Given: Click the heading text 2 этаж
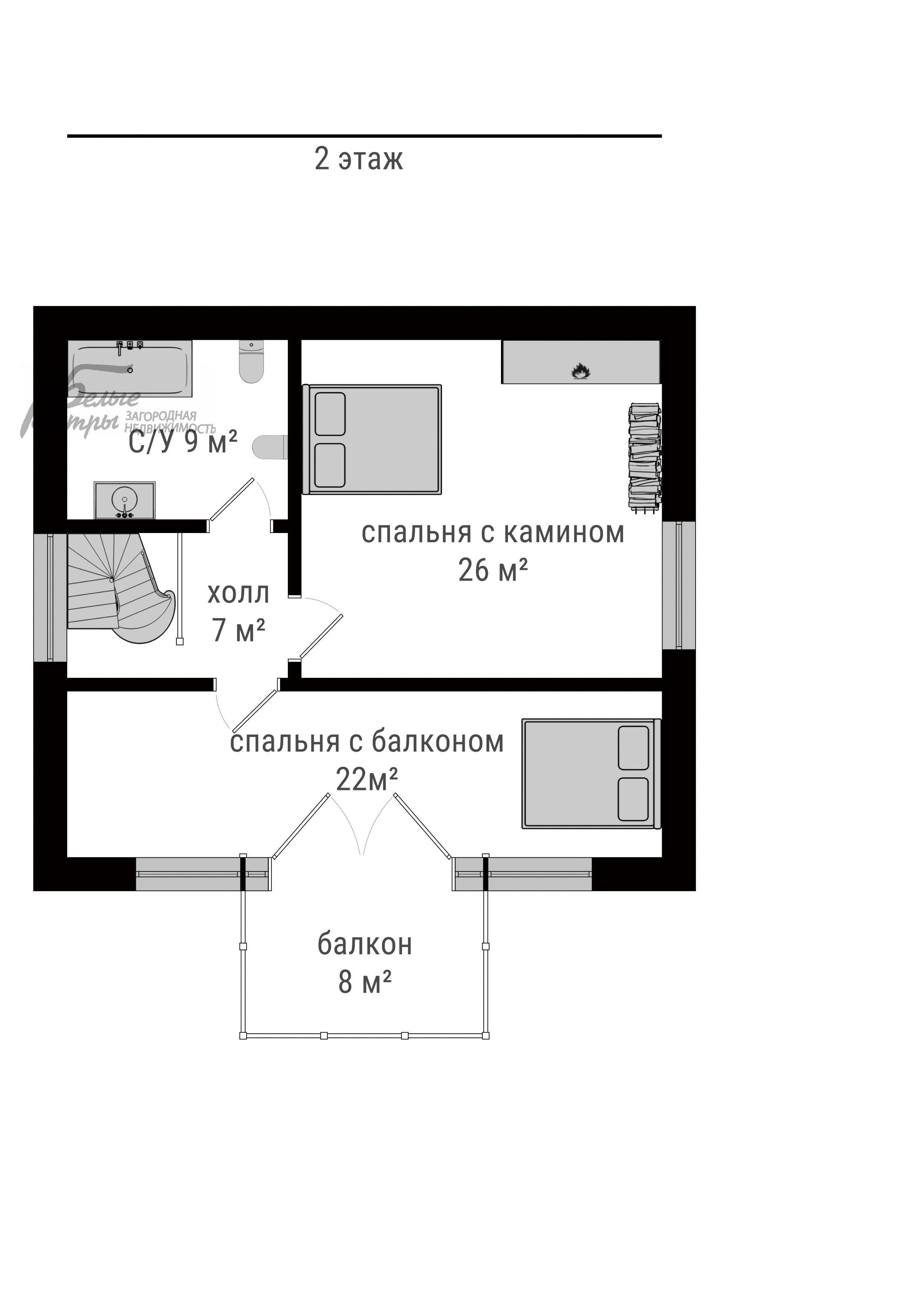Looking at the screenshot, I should click(359, 159).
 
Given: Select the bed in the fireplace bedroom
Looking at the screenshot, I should click(372, 440).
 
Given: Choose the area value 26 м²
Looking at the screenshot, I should click(492, 571).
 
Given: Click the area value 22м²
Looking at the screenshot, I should click(367, 780).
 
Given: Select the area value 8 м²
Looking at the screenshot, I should click(364, 982).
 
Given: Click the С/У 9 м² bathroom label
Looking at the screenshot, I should click(182, 442).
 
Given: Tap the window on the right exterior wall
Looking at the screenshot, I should click(679, 585).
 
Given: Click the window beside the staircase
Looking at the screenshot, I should click(50, 598).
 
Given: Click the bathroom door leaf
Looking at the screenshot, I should click(231, 500).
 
